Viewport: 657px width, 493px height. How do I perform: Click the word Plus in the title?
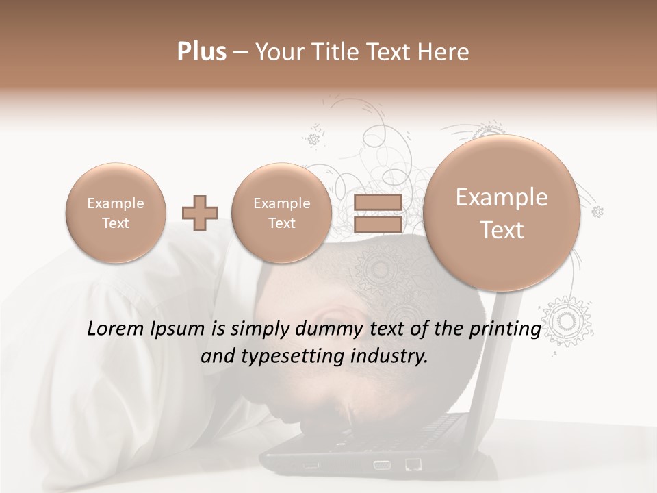(x=201, y=52)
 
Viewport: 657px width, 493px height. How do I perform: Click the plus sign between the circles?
(x=200, y=213)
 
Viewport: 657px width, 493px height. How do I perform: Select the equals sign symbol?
(x=378, y=213)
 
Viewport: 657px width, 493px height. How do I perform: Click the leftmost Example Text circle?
(x=116, y=213)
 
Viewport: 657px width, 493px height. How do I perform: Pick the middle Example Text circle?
(x=282, y=213)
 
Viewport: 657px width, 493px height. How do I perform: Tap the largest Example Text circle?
(x=502, y=213)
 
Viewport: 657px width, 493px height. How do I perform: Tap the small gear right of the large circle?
(x=597, y=212)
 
